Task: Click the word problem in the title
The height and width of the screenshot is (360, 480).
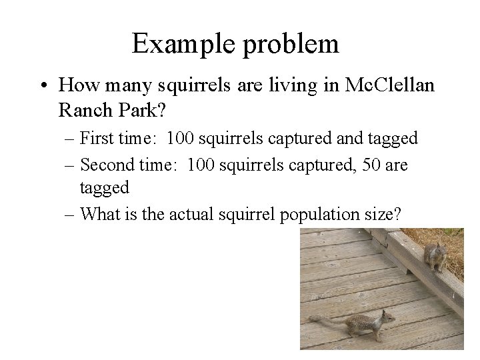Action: pos(290,44)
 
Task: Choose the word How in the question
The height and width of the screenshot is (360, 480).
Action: pos(76,85)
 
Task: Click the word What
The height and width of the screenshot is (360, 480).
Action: pos(99,214)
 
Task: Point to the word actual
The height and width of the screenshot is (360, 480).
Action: pos(191,214)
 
